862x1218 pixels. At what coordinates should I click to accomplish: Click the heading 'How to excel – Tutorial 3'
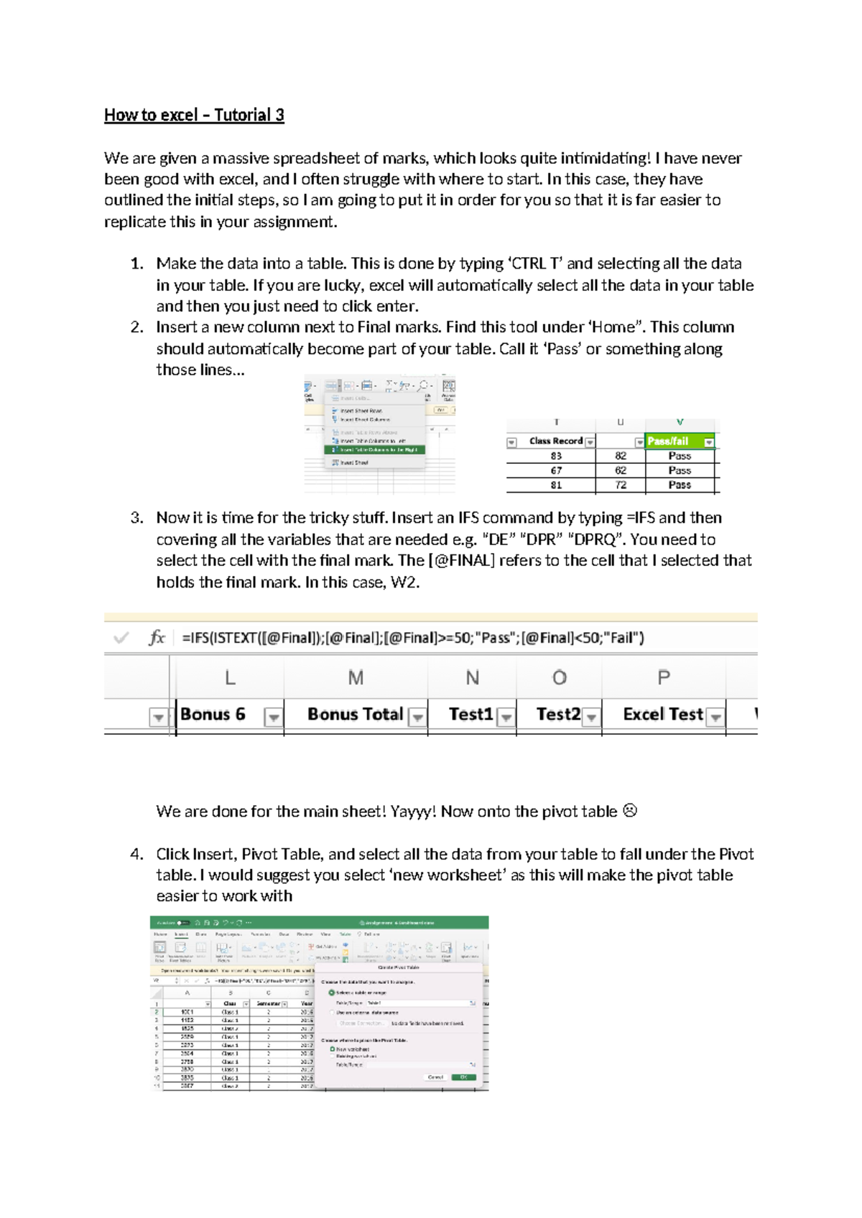pyautogui.click(x=194, y=115)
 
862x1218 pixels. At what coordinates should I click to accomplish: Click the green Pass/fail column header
pyautogui.click(x=672, y=441)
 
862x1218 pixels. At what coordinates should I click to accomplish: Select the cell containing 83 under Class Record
pyautogui.click(x=556, y=456)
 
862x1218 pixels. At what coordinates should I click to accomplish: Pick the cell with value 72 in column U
pyautogui.click(x=621, y=485)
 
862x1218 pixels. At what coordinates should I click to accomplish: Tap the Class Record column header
pyautogui.click(x=555, y=441)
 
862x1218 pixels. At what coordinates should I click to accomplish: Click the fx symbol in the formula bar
pyautogui.click(x=157, y=638)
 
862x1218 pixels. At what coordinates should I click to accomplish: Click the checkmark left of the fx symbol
pyautogui.click(x=121, y=638)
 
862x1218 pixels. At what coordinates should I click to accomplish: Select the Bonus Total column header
pyautogui.click(x=355, y=715)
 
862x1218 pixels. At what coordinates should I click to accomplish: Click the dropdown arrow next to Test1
pyautogui.click(x=506, y=717)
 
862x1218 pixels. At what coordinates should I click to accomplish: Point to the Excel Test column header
pyautogui.click(x=662, y=715)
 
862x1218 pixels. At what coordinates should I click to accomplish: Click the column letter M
pyautogui.click(x=356, y=677)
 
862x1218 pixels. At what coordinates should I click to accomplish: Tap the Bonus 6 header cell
pyautogui.click(x=213, y=715)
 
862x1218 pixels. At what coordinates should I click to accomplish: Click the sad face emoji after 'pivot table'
pyautogui.click(x=630, y=811)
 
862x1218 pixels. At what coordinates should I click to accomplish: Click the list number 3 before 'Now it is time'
pyautogui.click(x=136, y=518)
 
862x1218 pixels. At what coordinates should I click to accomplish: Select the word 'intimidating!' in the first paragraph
pyautogui.click(x=605, y=158)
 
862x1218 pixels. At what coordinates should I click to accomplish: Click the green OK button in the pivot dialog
pyautogui.click(x=463, y=1077)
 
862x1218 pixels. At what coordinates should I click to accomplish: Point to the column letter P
pyautogui.click(x=663, y=677)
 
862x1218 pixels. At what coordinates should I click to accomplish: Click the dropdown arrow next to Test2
pyautogui.click(x=591, y=717)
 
